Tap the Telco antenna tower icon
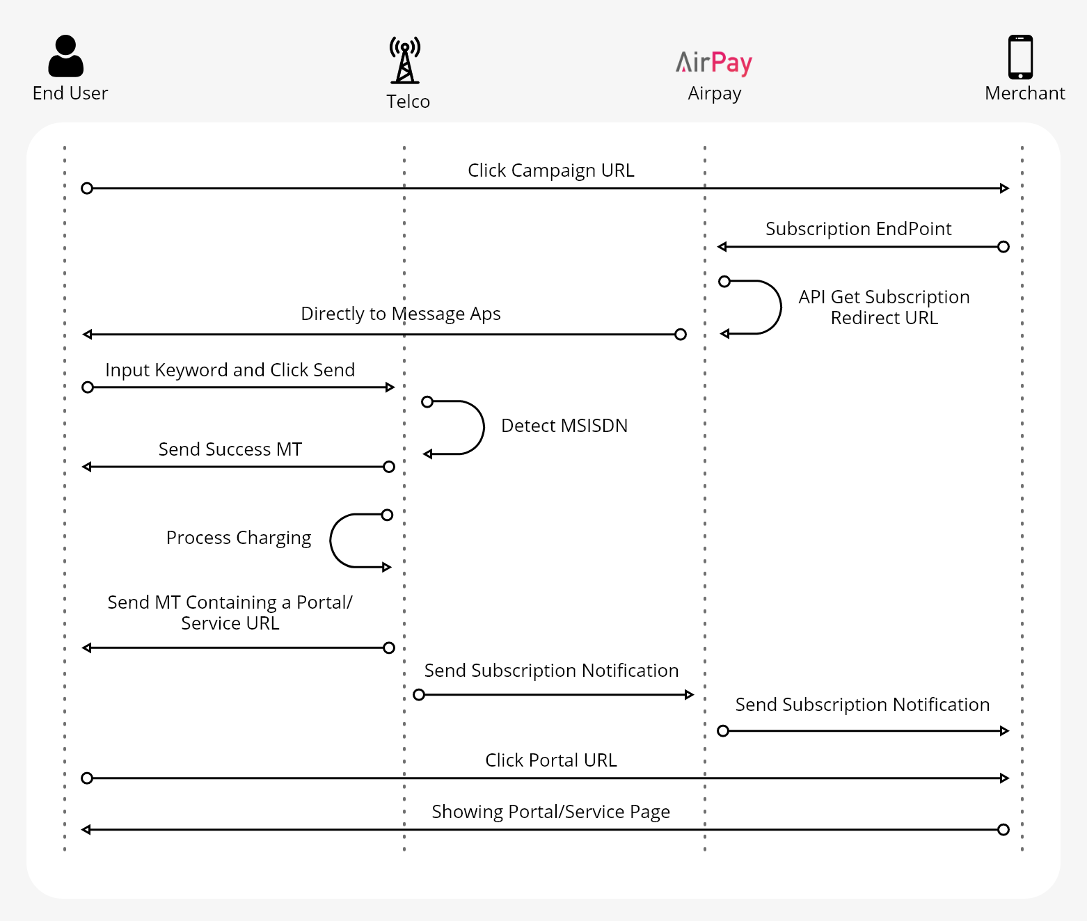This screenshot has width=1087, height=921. (405, 61)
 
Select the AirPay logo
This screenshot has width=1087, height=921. (714, 63)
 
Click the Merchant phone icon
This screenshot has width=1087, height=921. (1021, 57)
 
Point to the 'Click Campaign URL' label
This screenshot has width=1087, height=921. (550, 170)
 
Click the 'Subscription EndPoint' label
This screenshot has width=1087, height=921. (858, 229)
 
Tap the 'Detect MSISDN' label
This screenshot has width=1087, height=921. (564, 426)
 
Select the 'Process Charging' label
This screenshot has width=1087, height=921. (238, 538)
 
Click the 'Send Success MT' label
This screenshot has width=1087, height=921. (230, 449)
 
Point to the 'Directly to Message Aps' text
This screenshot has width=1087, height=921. (400, 314)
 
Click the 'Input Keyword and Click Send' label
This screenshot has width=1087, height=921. (230, 370)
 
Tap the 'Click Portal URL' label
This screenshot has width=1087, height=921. (550, 760)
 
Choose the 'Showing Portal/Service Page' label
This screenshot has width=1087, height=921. (550, 812)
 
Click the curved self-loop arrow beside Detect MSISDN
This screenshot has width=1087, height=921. (482, 427)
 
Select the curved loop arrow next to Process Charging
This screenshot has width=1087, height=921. (332, 540)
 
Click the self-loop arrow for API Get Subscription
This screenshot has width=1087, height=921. (779, 307)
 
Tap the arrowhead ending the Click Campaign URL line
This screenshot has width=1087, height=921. (1004, 189)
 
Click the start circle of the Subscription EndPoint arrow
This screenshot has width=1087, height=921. (1003, 247)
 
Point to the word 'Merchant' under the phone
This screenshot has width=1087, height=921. (1024, 93)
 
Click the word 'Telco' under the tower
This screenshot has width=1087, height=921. (408, 102)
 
